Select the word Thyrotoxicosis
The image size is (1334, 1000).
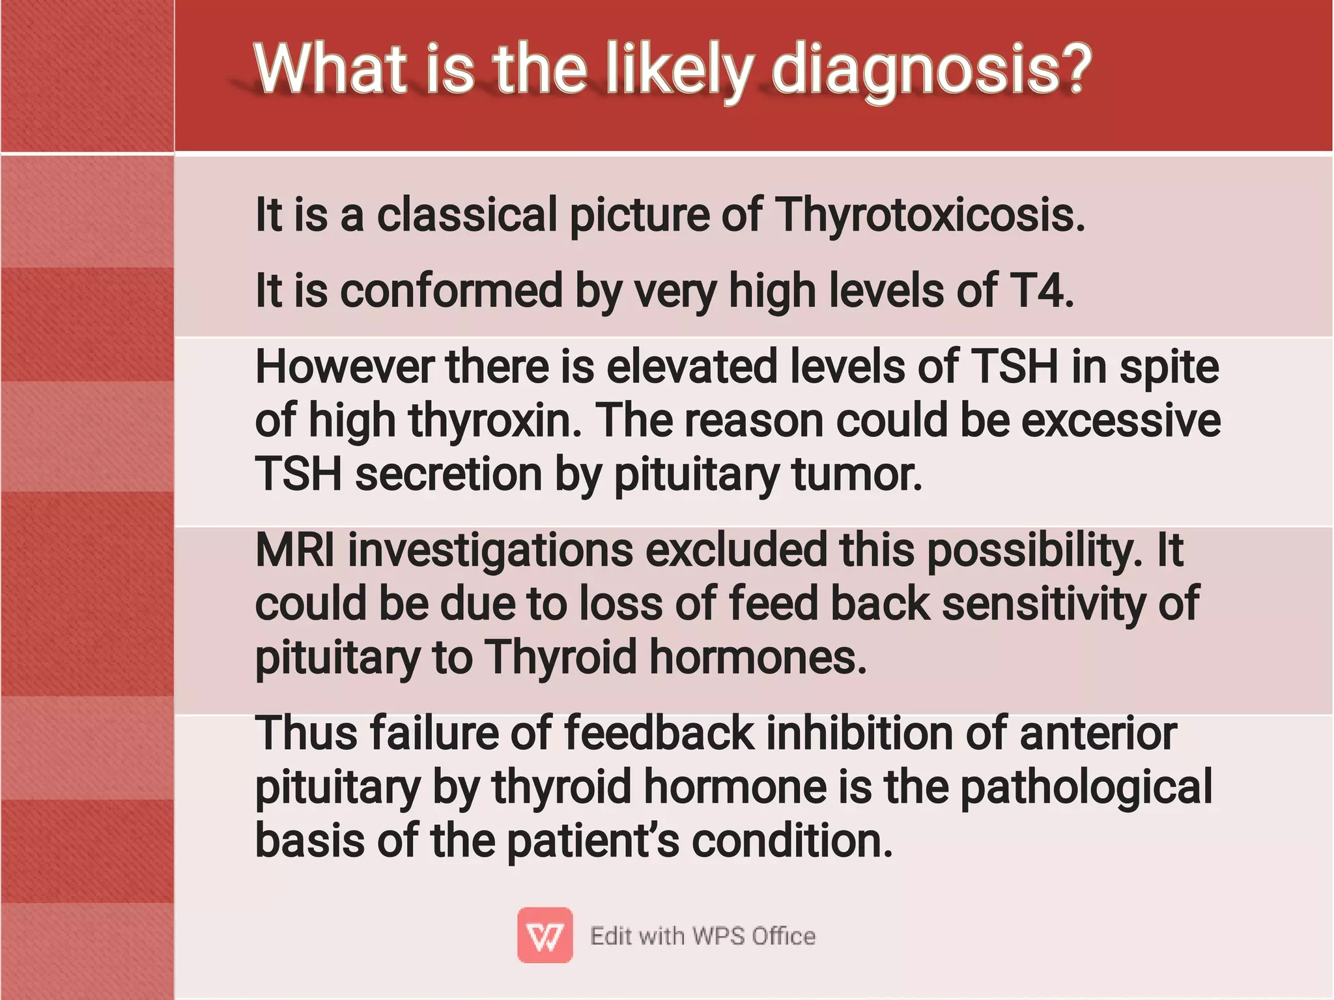click(929, 215)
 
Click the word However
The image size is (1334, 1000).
click(344, 367)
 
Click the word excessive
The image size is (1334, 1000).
click(1120, 420)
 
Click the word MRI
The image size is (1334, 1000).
click(294, 550)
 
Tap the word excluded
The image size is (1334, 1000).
click(736, 550)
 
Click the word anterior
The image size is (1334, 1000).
click(1098, 734)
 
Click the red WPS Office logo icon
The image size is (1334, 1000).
click(545, 936)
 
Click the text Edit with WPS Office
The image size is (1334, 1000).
click(702, 936)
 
